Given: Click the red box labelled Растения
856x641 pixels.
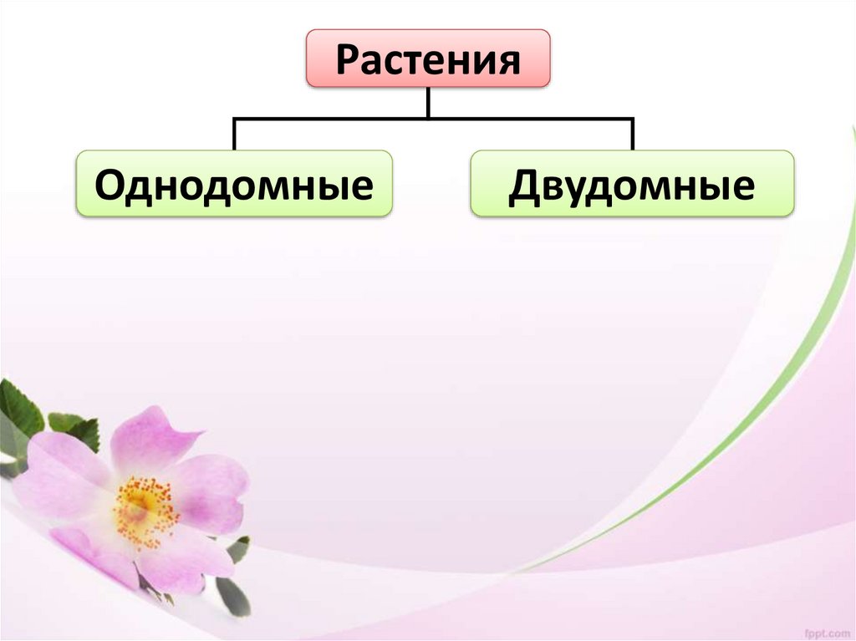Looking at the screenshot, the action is [x=428, y=59].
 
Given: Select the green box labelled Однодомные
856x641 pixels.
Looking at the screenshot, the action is [x=234, y=183].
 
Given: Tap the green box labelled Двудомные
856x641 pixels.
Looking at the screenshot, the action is [x=632, y=183].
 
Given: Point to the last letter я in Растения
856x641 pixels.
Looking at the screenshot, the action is [x=509, y=61].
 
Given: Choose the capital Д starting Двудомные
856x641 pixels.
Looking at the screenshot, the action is [x=524, y=185].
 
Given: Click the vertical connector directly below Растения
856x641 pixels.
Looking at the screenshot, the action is [x=428, y=102].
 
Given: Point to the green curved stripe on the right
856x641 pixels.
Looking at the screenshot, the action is [x=777, y=393].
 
